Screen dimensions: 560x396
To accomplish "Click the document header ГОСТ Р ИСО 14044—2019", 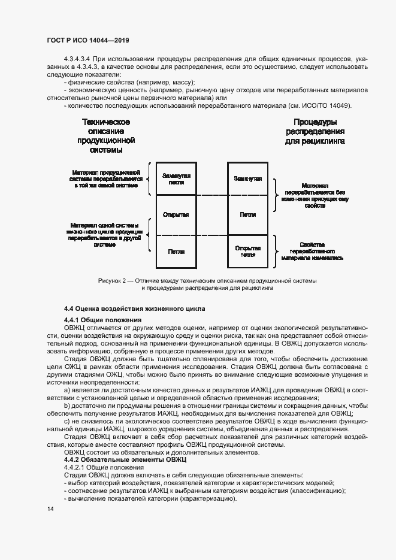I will [87, 40].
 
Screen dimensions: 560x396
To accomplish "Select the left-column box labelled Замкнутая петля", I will [176, 178].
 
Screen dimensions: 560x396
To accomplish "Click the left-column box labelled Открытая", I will [176, 214].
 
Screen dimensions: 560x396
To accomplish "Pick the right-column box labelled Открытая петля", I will [247, 251].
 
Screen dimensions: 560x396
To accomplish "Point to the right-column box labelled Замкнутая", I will [247, 178].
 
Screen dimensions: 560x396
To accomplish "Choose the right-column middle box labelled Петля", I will [247, 214].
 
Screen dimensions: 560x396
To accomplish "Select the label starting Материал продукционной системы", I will [105, 178].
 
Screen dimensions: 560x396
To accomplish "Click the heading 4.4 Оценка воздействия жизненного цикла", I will [134, 308].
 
